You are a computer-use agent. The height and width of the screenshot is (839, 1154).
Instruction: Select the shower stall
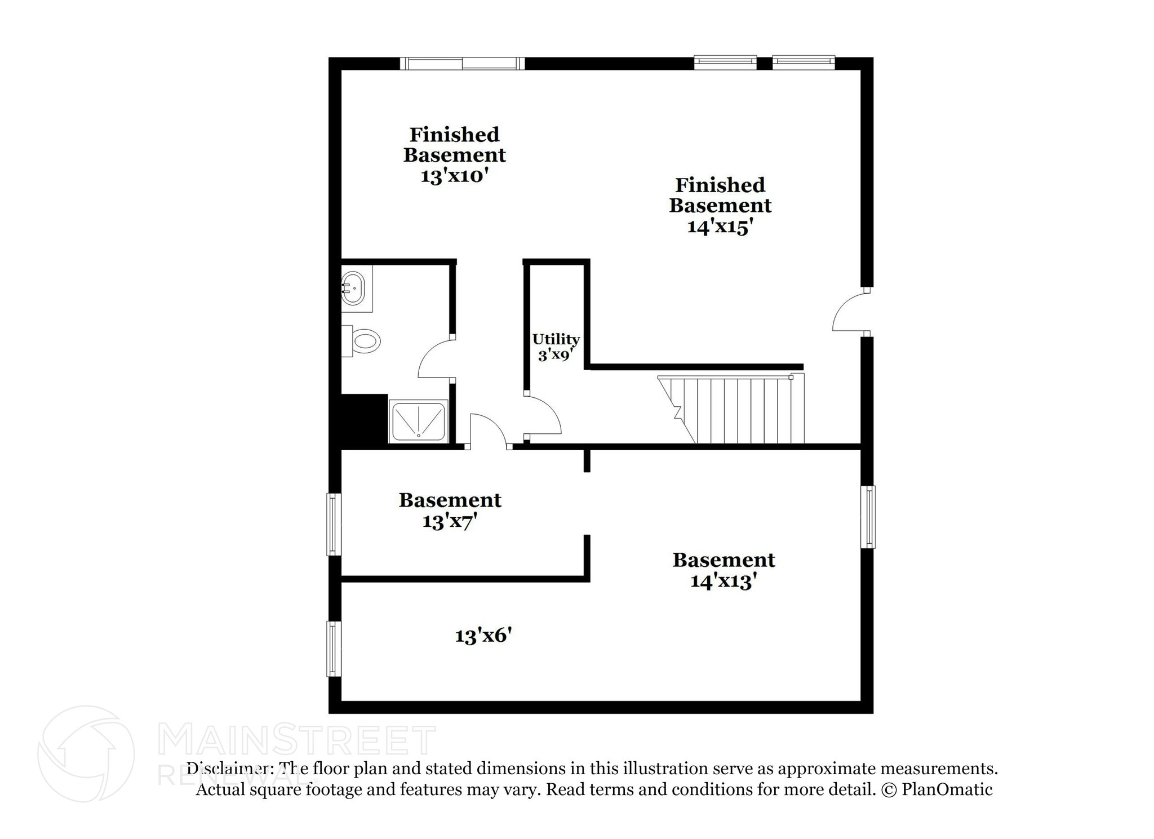tap(418, 421)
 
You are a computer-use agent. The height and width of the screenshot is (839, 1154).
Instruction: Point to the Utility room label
tap(556, 339)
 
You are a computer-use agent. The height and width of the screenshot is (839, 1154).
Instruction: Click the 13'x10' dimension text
tap(454, 176)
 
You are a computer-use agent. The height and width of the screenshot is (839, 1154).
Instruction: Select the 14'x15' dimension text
tap(721, 227)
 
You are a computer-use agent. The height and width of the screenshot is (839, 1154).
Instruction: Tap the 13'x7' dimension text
tap(450, 522)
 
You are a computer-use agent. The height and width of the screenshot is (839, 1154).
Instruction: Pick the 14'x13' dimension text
tap(724, 581)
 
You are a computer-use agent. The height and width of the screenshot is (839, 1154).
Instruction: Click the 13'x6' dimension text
tap(483, 636)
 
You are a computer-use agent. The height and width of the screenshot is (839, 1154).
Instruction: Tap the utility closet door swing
tap(543, 416)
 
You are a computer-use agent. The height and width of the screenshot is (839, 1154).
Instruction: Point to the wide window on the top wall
tap(462, 64)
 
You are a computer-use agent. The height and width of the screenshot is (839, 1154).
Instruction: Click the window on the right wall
tap(868, 517)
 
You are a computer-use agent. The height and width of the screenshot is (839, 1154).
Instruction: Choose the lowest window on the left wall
tap(334, 649)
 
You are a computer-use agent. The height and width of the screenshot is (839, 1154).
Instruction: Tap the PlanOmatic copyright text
tap(936, 789)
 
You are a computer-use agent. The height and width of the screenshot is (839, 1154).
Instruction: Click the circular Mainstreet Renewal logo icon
tap(86, 753)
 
